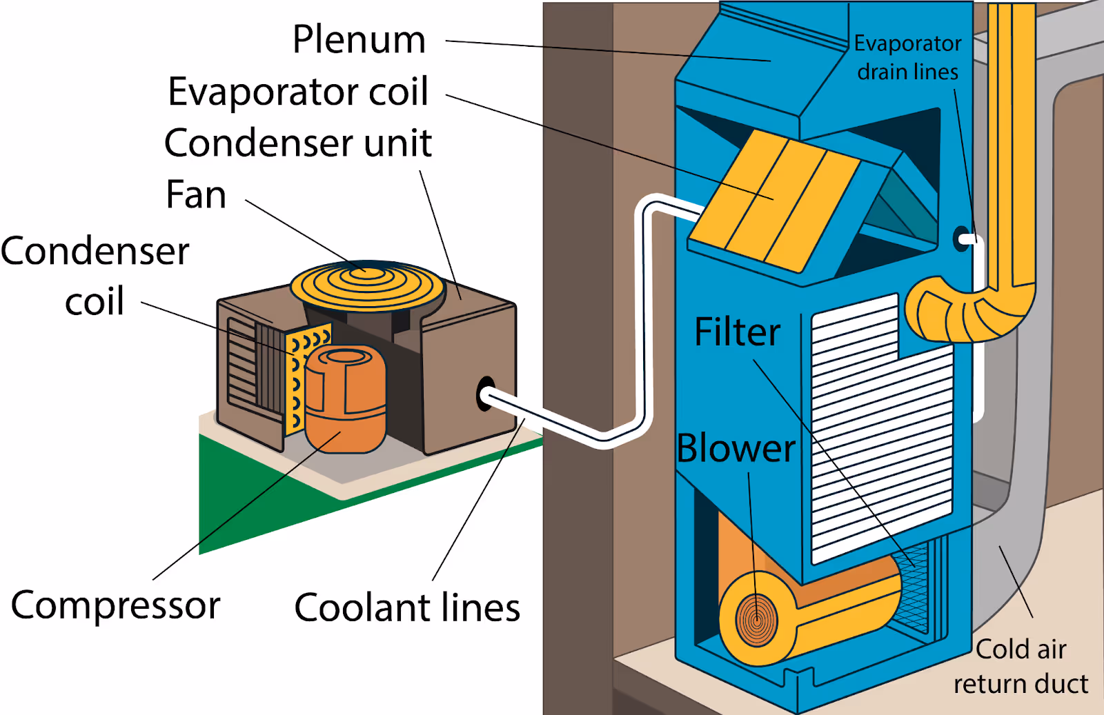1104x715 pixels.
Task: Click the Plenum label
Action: pos(359,39)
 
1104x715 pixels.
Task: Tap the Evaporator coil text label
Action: pos(298,92)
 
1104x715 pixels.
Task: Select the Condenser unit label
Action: pos(298,143)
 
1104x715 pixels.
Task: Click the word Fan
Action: pos(196,194)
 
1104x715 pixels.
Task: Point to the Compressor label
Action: pos(115,605)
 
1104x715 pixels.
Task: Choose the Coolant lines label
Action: pos(407,608)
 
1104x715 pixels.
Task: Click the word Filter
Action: pos(737,332)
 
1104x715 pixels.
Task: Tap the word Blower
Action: pos(736,448)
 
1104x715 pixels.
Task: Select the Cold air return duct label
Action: pos(1021,667)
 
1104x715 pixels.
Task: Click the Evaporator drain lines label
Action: pos(907,57)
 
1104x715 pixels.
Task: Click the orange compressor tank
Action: pos(345,400)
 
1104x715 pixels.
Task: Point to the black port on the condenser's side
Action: pos(485,394)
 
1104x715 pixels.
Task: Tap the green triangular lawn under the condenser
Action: pos(276,496)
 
